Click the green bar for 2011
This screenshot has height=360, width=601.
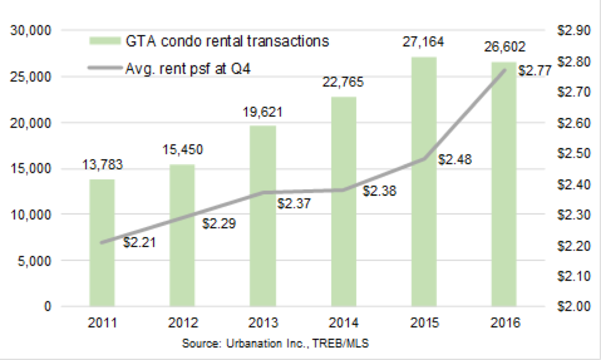(102, 243)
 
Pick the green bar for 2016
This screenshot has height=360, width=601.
(503, 184)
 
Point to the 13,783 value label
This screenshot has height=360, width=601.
(102, 166)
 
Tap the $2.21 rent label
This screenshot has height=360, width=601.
(139, 242)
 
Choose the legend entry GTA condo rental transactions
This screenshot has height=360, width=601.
(209, 42)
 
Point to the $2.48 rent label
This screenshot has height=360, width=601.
(455, 160)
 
